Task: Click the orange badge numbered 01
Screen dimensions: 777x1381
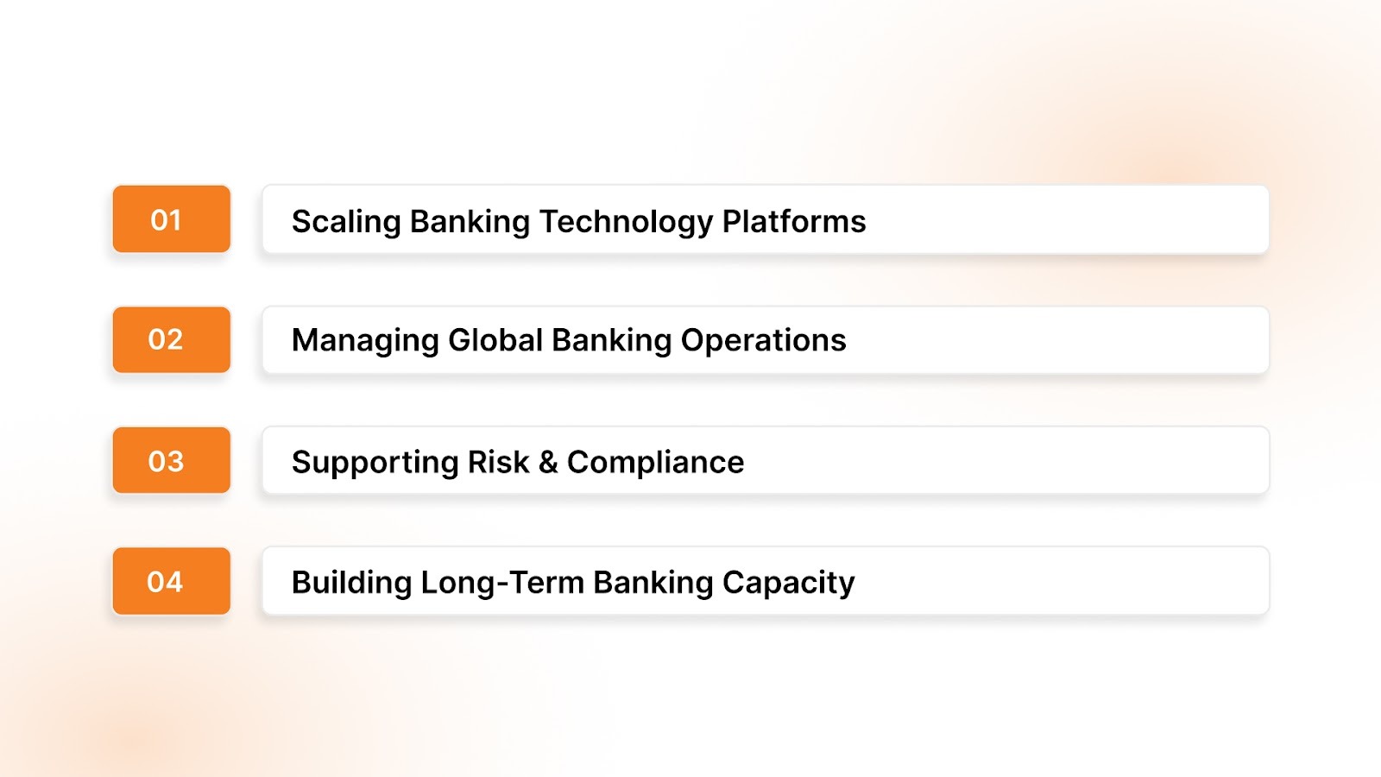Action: (171, 219)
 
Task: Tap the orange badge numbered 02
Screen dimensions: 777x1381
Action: (171, 339)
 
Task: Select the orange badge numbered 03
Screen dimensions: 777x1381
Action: (171, 460)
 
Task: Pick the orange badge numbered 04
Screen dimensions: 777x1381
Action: (171, 581)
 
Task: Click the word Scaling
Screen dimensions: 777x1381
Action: (346, 222)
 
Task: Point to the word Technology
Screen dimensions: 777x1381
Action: (626, 222)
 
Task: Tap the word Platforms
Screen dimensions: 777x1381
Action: (793, 222)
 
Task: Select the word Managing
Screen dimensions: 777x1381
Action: (365, 341)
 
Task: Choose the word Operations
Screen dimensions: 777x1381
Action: (763, 341)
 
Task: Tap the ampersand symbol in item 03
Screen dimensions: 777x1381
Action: (548, 462)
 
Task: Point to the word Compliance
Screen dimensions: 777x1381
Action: (655, 462)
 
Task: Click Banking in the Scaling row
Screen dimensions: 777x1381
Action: (470, 222)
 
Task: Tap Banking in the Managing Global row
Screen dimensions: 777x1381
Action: (611, 341)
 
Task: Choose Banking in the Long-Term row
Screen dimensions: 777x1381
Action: (653, 583)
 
